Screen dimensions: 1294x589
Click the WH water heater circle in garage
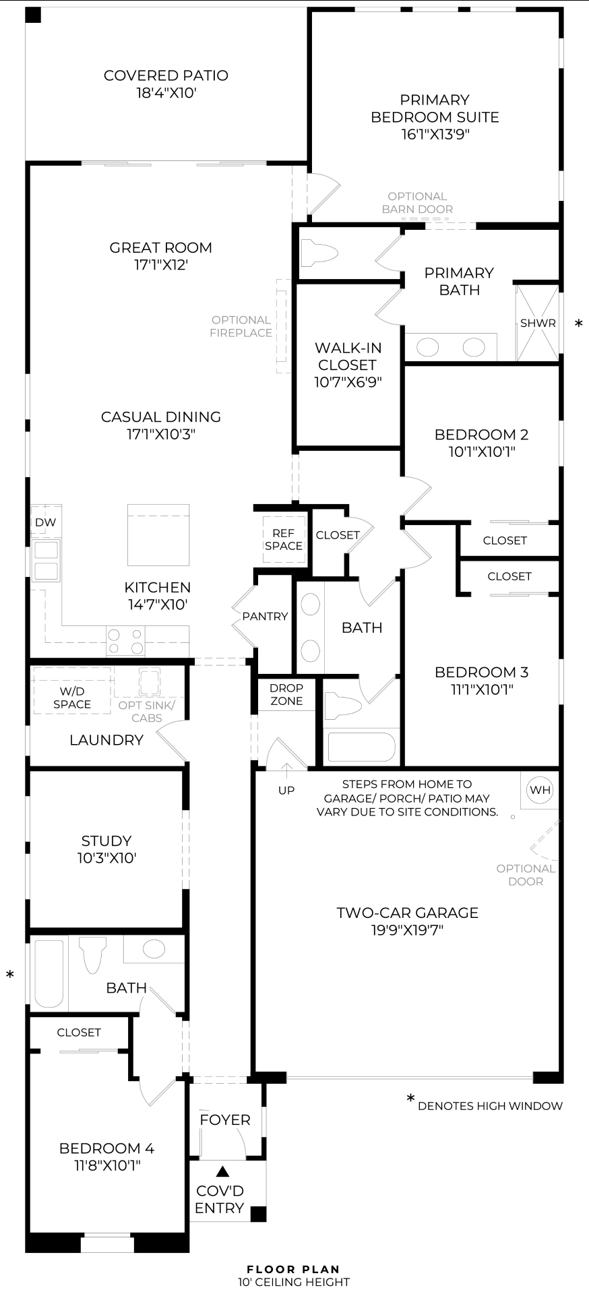pyautogui.click(x=540, y=790)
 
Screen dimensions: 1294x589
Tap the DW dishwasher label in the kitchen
pyautogui.click(x=45, y=522)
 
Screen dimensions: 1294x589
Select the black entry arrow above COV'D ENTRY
pyautogui.click(x=222, y=1171)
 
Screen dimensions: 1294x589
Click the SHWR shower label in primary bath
pyautogui.click(x=538, y=323)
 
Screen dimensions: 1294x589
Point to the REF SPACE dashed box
pyautogui.click(x=284, y=539)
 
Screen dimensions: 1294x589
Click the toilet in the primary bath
pyautogui.click(x=319, y=253)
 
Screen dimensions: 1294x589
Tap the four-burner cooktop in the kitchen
pyautogui.click(x=125, y=641)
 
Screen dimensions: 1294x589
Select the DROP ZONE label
pyautogui.click(x=286, y=694)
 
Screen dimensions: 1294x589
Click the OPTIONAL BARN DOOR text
pyautogui.click(x=417, y=202)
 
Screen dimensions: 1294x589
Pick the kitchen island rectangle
pyautogui.click(x=158, y=534)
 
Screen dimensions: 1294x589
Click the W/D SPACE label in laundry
pyautogui.click(x=72, y=698)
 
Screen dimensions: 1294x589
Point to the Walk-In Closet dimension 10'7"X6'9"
pyautogui.click(x=348, y=382)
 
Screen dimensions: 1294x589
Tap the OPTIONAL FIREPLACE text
pyautogui.click(x=241, y=326)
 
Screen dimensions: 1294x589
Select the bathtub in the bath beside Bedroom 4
pyautogui.click(x=49, y=973)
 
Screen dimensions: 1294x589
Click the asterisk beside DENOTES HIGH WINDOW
pyautogui.click(x=410, y=1099)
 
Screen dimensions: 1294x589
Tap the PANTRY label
pyautogui.click(x=265, y=616)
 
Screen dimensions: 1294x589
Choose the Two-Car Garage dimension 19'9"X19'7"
pyautogui.click(x=408, y=931)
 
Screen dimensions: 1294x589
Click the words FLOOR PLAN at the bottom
pyautogui.click(x=293, y=1269)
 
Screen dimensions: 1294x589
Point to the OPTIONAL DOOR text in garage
pyautogui.click(x=526, y=875)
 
